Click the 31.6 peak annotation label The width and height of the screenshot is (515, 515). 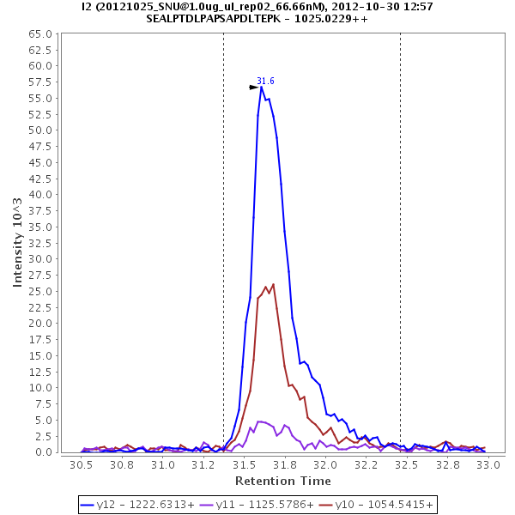(265, 81)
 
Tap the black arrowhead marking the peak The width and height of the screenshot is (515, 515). (254, 87)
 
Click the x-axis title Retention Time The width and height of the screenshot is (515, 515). (283, 481)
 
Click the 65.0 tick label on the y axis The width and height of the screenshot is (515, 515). (41, 33)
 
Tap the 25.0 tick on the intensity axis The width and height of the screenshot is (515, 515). (41, 291)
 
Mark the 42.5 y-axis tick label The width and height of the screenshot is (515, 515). (41, 179)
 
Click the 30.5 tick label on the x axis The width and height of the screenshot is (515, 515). (81, 464)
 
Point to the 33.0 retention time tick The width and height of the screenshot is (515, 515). (488, 464)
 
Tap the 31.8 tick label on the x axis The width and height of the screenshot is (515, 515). (284, 464)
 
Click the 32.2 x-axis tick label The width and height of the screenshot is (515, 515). (366, 464)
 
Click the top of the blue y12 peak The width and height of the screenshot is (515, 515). (262, 86)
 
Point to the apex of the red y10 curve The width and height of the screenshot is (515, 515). (273, 284)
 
